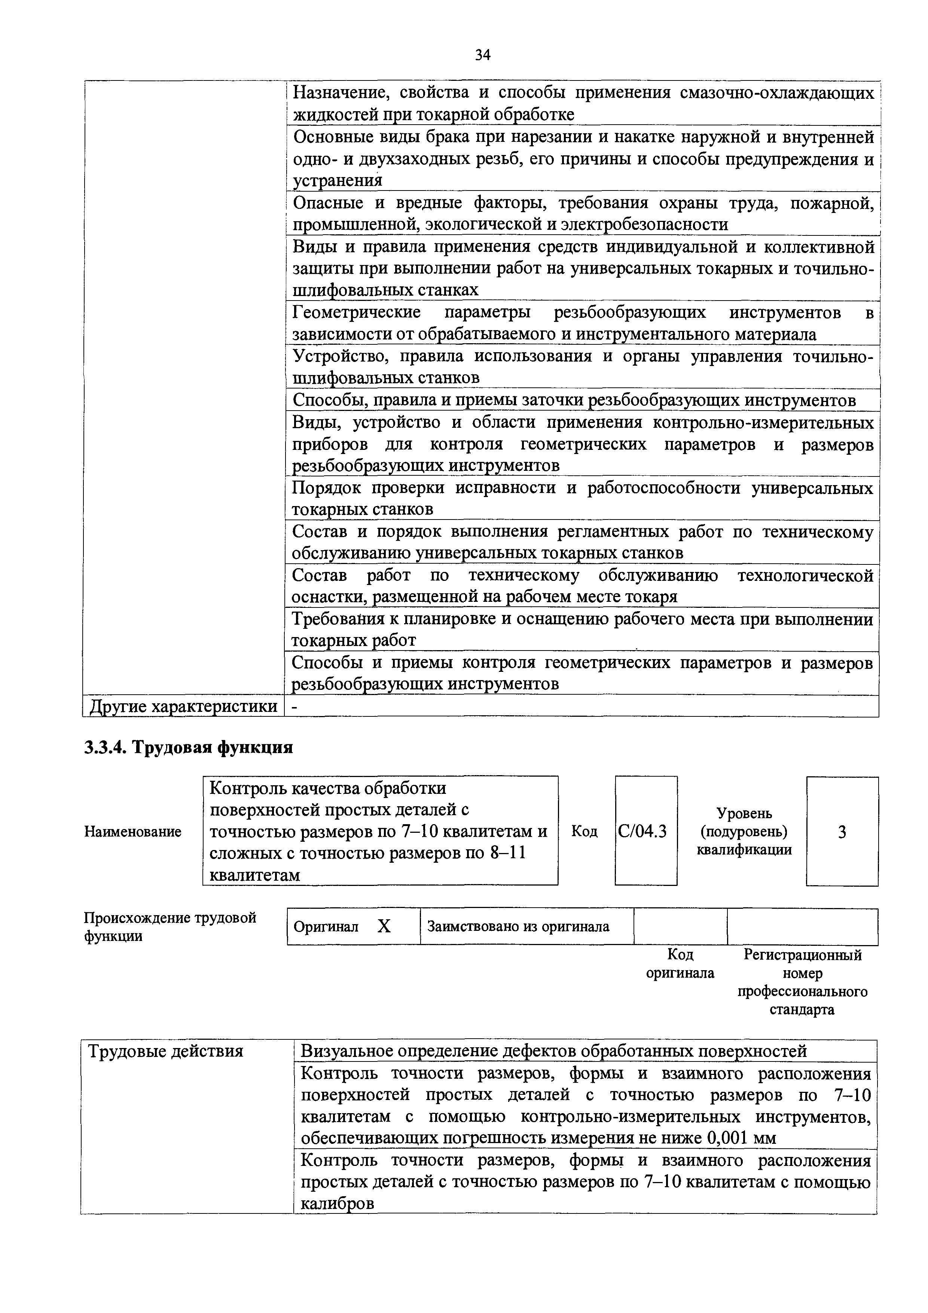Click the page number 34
coord(483,55)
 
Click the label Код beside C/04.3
coord(584,831)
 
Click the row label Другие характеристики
coord(183,707)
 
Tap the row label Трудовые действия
coord(165,1051)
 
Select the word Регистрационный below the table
coord(802,955)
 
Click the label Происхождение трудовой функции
coord(170,926)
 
